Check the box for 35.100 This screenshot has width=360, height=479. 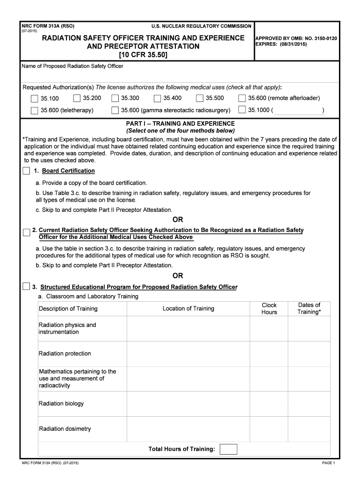click(34, 99)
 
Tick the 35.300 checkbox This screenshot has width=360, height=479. click(115, 98)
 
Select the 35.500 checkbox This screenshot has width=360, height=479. click(200, 98)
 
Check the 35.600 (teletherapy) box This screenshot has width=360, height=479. click(34, 111)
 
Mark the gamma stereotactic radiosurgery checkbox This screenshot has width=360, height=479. click(115, 110)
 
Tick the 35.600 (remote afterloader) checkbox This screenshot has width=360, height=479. click(242, 98)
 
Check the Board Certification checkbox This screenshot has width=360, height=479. click(27, 171)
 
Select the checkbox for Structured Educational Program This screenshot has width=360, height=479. click(27, 286)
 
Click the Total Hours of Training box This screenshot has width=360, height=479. click(228, 449)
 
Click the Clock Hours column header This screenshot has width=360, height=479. click(269, 309)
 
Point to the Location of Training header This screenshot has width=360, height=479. click(188, 309)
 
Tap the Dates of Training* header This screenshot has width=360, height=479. click(309, 309)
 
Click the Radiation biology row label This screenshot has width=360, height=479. click(61, 404)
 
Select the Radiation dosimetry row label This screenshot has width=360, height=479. click(65, 429)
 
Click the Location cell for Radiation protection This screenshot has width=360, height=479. click(188, 354)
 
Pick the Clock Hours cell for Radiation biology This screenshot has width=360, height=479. click(269, 404)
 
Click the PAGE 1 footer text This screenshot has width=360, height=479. click(329, 463)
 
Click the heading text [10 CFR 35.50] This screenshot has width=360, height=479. click(143, 55)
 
